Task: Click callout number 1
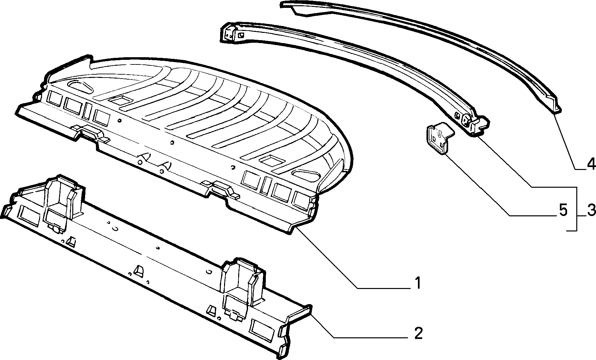point(417,283)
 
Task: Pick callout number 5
point(563,211)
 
